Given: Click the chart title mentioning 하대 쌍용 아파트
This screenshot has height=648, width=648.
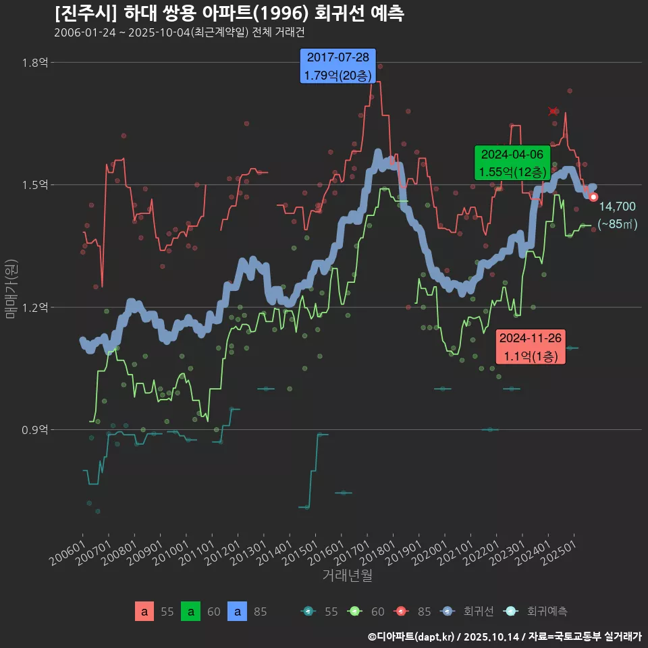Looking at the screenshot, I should click(x=230, y=13).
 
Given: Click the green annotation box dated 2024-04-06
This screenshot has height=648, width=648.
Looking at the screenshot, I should click(x=512, y=163).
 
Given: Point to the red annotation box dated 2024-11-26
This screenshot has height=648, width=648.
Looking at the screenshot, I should click(x=531, y=347).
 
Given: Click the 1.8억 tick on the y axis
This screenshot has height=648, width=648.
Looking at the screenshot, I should click(x=35, y=63).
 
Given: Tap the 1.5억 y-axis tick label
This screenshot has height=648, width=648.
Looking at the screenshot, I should click(x=35, y=185).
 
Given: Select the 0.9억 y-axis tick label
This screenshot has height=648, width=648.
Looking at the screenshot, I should click(x=35, y=430).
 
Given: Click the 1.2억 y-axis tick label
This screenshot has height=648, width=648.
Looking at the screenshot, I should click(x=35, y=308).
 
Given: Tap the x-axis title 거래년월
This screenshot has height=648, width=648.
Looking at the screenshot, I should click(x=347, y=575).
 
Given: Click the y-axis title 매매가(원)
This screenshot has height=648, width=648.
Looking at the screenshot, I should click(x=11, y=288).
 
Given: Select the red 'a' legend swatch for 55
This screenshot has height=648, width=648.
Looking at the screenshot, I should click(x=144, y=612).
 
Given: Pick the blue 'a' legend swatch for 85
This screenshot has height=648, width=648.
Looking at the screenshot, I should click(x=237, y=612).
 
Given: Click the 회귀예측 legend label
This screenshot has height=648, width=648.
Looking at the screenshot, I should click(x=547, y=612).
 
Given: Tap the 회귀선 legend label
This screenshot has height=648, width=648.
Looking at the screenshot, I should click(x=479, y=612).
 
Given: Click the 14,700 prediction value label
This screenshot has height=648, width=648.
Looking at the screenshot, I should click(x=617, y=207).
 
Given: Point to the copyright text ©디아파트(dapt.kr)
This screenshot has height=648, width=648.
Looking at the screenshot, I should click(x=413, y=637).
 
